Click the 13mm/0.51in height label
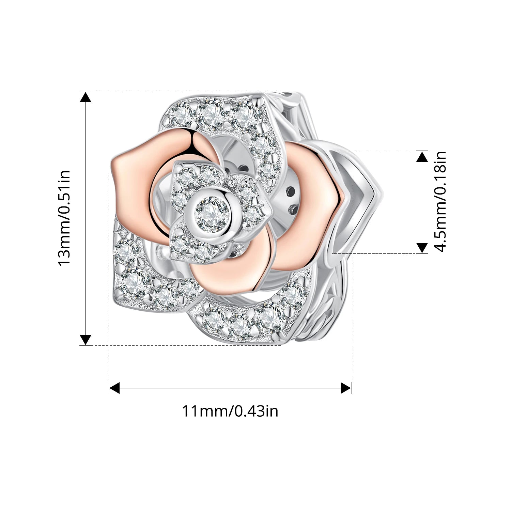[64, 218]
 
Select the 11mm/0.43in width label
[230, 411]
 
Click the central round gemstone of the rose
[212, 215]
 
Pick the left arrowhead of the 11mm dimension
[114, 388]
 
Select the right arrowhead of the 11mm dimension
[346, 388]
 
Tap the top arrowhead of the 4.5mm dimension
[422, 156]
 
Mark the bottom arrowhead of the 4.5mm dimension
[422, 248]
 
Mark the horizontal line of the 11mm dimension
[230, 388]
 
